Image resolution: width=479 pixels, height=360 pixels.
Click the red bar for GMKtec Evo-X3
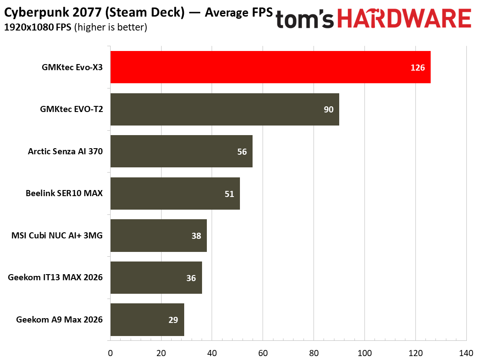[270, 67]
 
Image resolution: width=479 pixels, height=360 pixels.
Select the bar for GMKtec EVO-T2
[225, 109]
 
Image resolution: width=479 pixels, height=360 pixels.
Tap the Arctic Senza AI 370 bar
[182, 151]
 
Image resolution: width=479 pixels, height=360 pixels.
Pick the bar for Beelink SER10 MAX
[175, 194]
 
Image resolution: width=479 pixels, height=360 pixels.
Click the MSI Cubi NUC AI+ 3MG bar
[159, 235]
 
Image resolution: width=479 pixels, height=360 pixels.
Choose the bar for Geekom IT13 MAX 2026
[156, 278]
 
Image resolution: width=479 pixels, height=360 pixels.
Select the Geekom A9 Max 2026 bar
[147, 319]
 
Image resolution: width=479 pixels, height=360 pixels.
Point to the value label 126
[418, 68]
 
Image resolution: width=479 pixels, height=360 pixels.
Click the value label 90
[329, 109]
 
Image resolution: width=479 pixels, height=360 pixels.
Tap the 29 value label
[173, 320]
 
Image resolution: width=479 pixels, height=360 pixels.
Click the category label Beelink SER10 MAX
[64, 194]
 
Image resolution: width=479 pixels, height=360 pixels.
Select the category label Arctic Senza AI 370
[65, 151]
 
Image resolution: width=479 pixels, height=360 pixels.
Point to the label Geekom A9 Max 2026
[59, 319]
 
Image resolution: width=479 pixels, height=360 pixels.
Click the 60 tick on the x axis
[263, 353]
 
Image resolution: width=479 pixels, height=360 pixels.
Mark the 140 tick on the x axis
[466, 353]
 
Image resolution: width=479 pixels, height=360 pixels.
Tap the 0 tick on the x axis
[110, 353]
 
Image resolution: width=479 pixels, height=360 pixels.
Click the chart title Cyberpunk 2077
[53, 13]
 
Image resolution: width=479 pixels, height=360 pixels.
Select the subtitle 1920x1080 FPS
[37, 27]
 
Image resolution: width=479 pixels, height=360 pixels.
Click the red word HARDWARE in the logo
[404, 18]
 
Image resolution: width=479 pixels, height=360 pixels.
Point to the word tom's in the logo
[304, 19]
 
